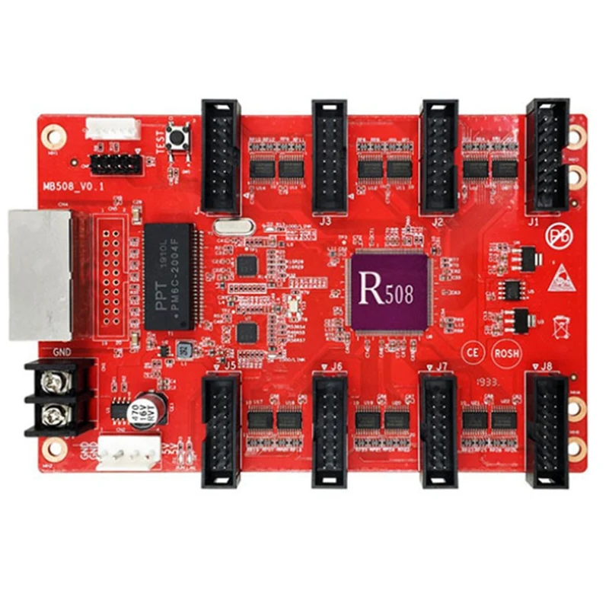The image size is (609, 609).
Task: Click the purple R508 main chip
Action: [x=389, y=292]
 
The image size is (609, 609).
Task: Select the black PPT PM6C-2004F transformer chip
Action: [x=169, y=276]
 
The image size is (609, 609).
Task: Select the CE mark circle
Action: [x=473, y=352]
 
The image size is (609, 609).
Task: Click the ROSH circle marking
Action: [x=506, y=352]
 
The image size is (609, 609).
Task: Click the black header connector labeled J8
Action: [x=547, y=428]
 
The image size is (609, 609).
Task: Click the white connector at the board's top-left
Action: [x=113, y=128]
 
